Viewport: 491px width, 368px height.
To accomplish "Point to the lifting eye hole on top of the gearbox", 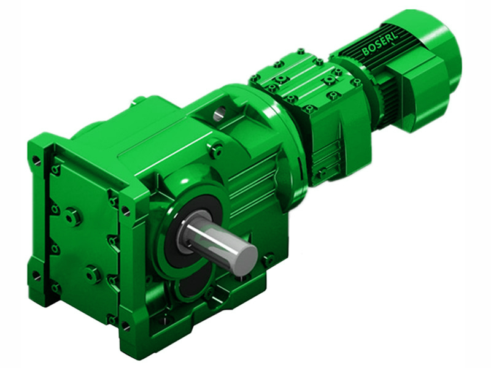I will pyautogui.click(x=220, y=112).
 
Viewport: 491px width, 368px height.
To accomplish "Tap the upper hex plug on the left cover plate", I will pyautogui.click(x=73, y=216).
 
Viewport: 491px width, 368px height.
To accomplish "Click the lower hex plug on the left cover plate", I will pyautogui.click(x=93, y=274).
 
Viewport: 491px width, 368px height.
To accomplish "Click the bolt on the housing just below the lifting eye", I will pyautogui.click(x=215, y=147).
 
